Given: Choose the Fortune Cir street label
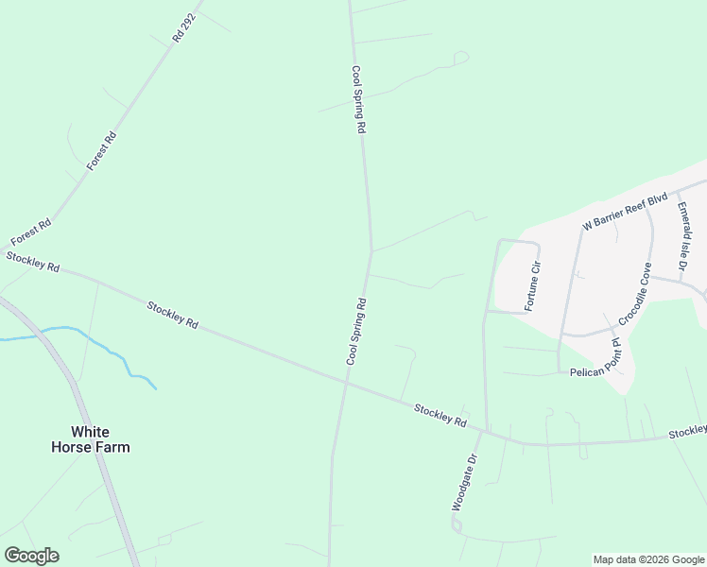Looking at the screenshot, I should [534, 284].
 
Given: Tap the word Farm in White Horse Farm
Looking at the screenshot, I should [112, 447].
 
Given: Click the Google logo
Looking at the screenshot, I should [31, 556].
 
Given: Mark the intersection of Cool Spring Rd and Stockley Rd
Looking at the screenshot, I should [347, 381].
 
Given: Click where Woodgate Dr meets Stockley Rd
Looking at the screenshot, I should [486, 433].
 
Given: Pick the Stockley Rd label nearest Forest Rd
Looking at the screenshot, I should [33, 262].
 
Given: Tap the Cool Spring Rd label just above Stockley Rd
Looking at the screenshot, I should [356, 331].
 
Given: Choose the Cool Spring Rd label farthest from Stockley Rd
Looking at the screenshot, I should [357, 99].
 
